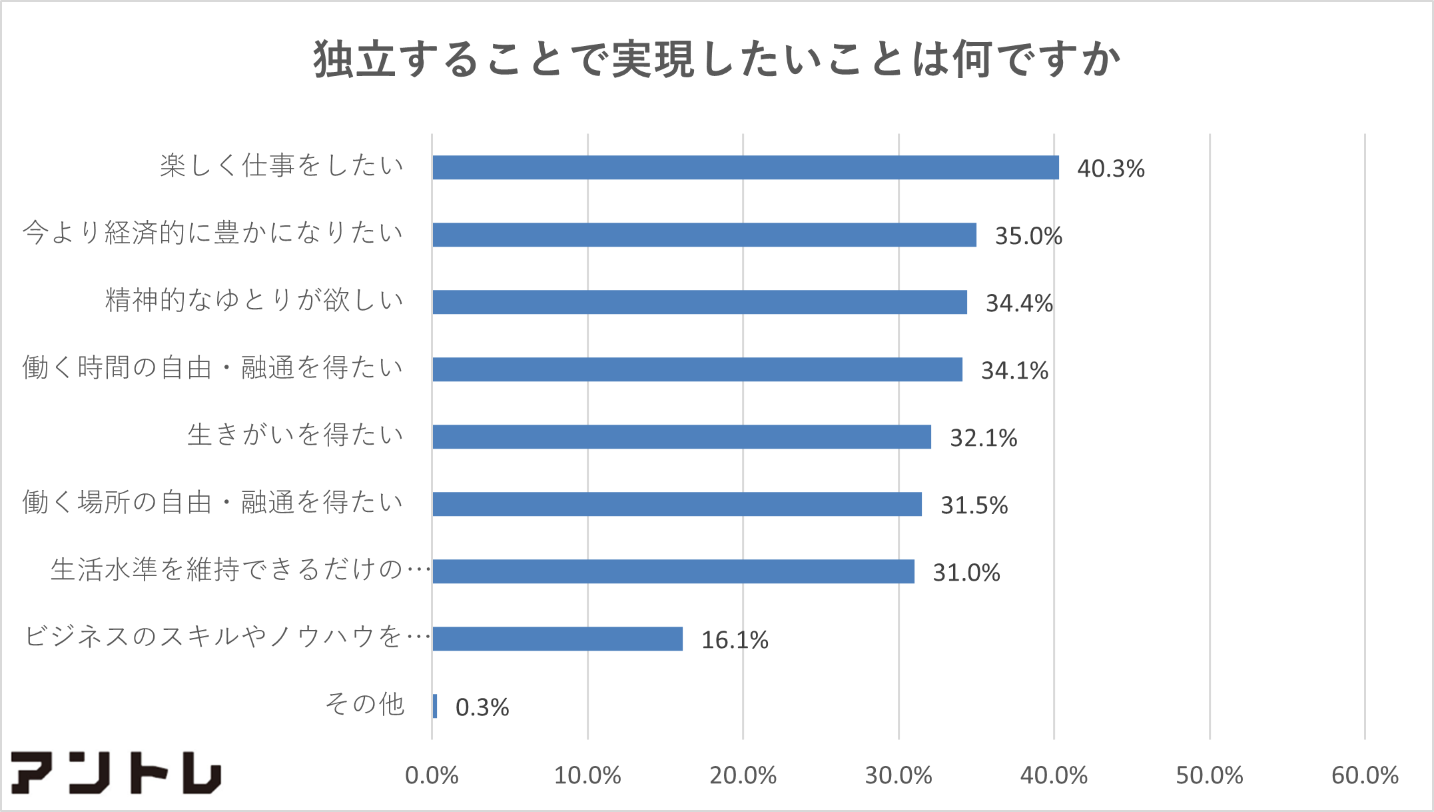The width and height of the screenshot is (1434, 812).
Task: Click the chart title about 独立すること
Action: tap(717, 60)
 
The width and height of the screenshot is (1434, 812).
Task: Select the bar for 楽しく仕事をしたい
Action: tap(745, 167)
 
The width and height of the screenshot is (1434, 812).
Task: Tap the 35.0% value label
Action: tap(1028, 236)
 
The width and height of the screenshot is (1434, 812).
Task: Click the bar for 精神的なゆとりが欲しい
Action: tap(699, 302)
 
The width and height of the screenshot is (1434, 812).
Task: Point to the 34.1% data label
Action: tap(1014, 371)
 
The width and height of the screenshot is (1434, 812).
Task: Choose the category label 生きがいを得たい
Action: tap(296, 435)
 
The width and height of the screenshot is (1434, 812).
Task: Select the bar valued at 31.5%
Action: tap(677, 504)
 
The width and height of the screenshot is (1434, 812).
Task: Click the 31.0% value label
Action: tap(966, 573)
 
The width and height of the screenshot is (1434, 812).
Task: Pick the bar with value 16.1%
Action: tap(557, 639)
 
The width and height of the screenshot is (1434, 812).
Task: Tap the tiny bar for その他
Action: tap(435, 706)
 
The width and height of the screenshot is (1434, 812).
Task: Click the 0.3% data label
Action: tap(482, 707)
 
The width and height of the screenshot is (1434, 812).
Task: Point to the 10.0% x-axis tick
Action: tap(587, 775)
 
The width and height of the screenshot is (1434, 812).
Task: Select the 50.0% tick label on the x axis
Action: tap(1209, 775)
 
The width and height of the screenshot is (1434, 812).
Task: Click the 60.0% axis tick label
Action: tap(1364, 775)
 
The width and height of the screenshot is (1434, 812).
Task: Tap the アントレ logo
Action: tap(116, 773)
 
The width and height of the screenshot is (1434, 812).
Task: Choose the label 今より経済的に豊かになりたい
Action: tap(213, 233)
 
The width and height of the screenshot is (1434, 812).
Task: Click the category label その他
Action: tap(364, 704)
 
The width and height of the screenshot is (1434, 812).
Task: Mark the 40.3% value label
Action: tap(1110, 169)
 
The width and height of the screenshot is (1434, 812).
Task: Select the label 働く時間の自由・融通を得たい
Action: tap(213, 367)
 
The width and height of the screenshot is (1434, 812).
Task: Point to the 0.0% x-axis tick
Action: tap(432, 775)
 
